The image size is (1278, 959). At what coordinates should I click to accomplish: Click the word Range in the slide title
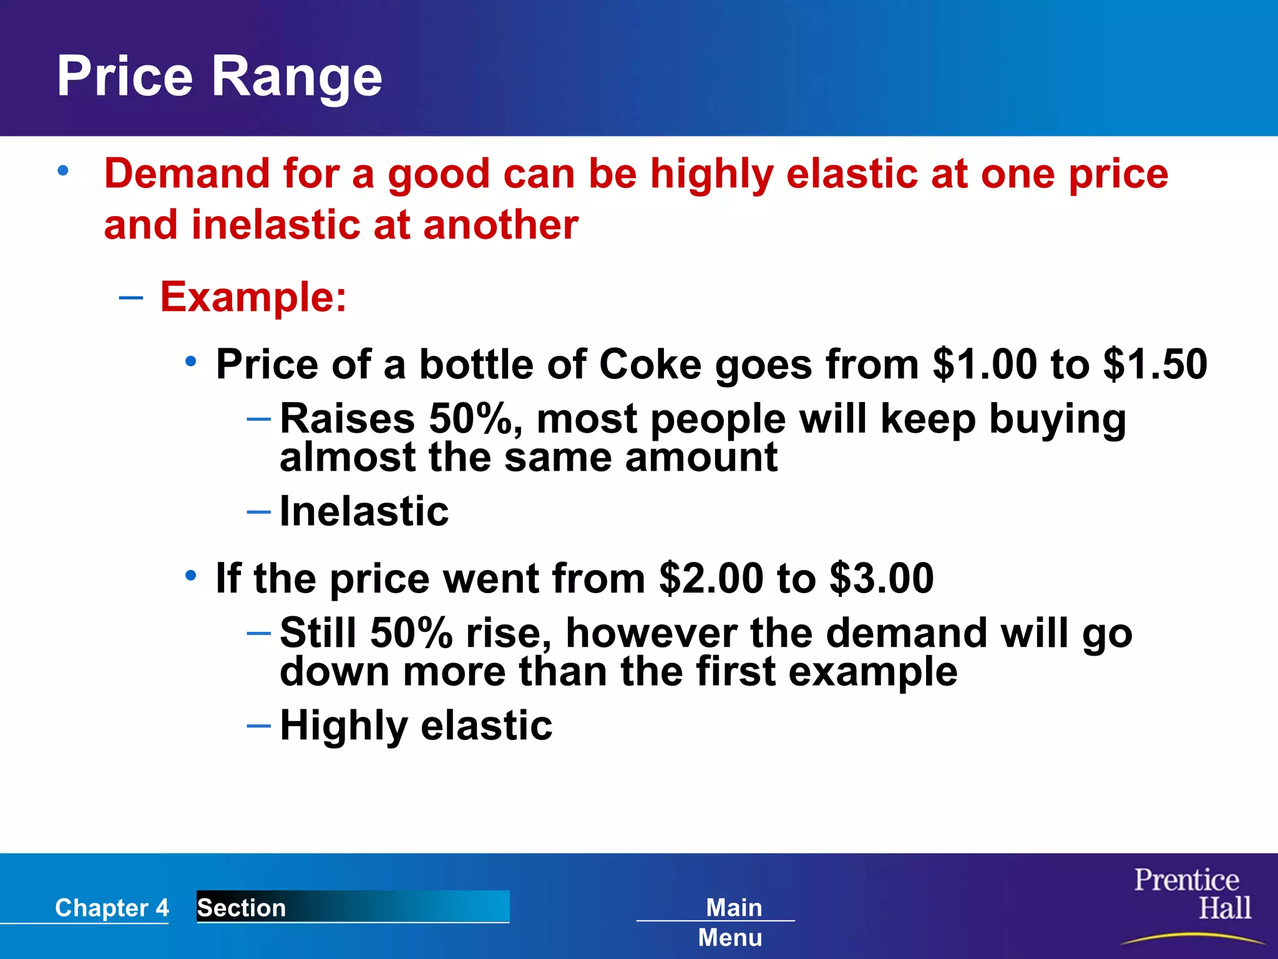click(296, 77)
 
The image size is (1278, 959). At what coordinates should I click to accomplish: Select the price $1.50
click(1155, 364)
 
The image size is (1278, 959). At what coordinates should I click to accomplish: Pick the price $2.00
click(711, 578)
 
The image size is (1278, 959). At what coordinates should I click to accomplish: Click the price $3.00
click(882, 578)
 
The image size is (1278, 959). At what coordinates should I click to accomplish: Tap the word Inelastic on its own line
click(364, 511)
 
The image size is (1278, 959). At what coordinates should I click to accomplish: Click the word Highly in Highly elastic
click(344, 726)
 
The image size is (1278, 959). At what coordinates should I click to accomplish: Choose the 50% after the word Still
click(411, 633)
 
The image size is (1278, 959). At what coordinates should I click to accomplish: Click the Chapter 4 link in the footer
click(112, 907)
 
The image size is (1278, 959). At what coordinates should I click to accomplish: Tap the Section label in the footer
click(241, 907)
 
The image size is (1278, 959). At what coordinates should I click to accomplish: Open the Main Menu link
click(731, 922)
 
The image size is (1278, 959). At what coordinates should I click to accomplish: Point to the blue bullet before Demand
click(63, 170)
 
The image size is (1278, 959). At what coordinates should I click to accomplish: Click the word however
click(651, 633)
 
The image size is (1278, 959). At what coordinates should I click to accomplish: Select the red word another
click(500, 225)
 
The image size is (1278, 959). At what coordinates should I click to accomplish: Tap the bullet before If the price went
click(191, 576)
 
